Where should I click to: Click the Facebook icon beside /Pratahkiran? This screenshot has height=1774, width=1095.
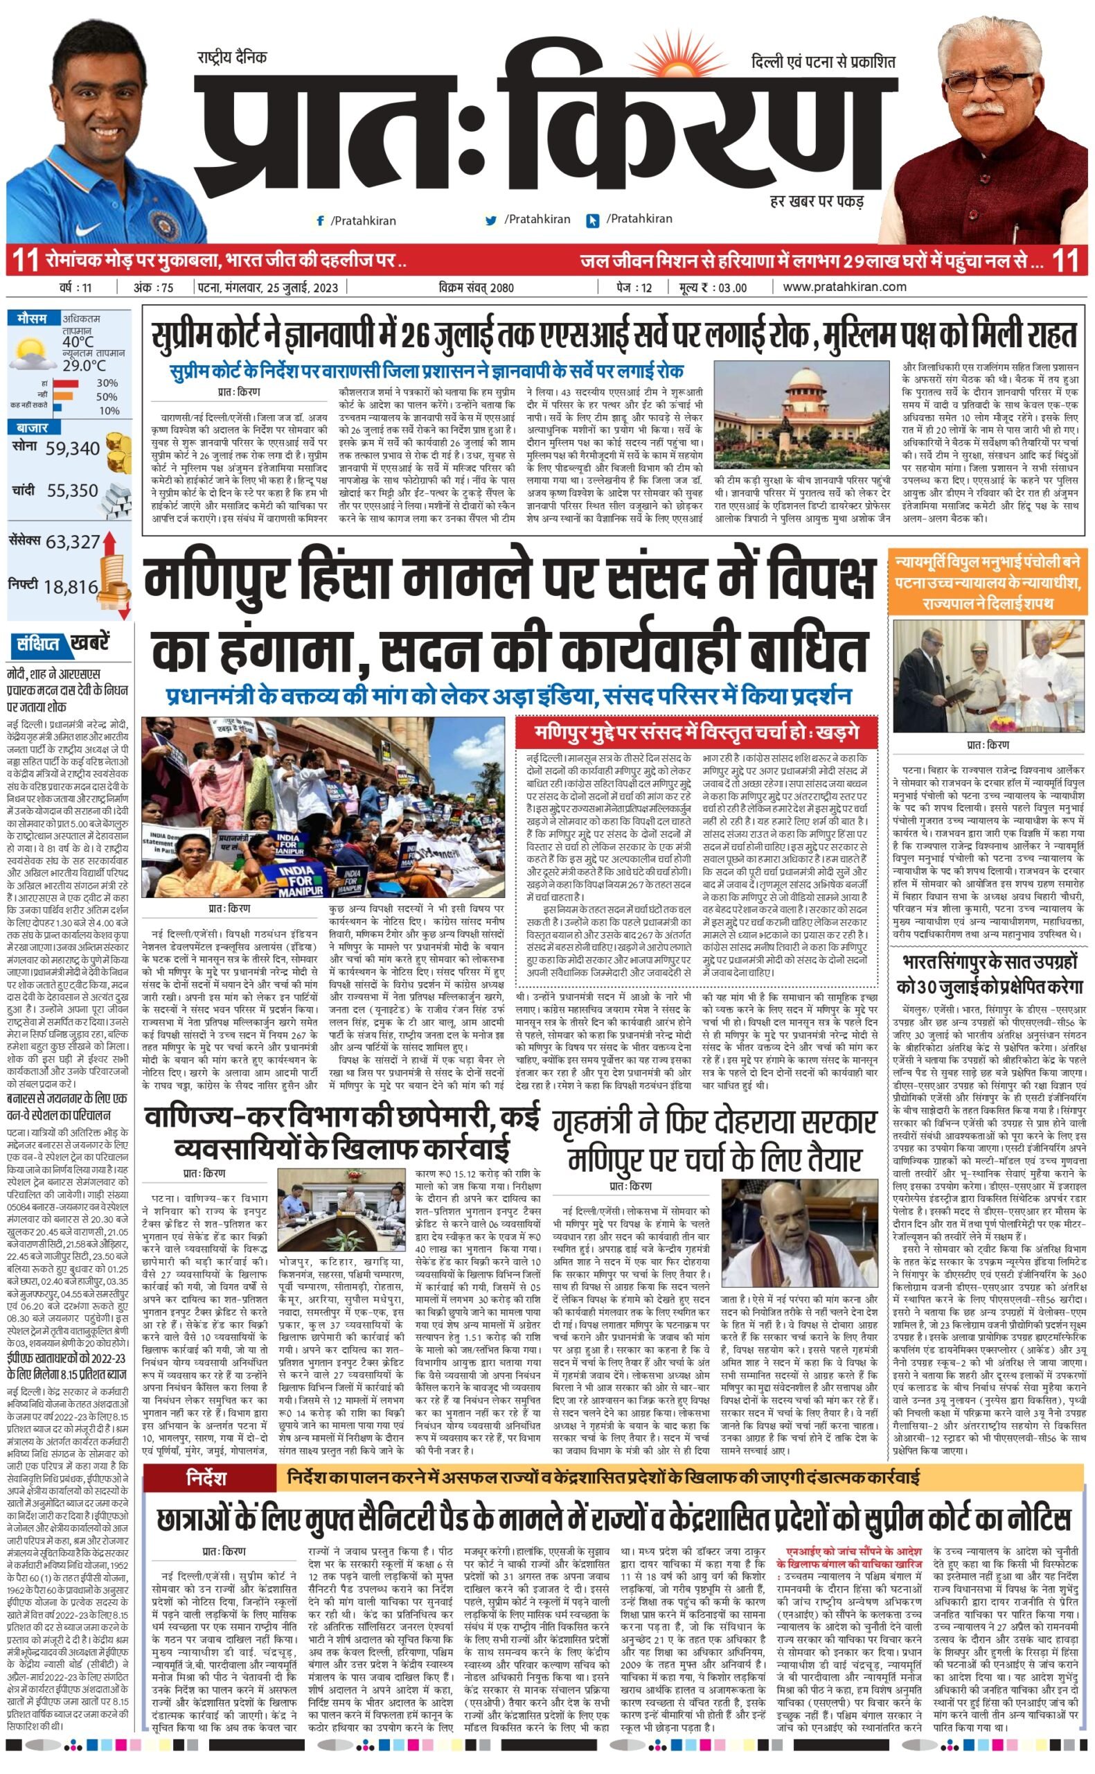320,220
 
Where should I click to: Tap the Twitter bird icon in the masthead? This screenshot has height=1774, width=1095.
491,220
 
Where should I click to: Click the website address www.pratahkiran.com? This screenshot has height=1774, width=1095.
844,287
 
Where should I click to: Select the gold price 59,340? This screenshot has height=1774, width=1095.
73,448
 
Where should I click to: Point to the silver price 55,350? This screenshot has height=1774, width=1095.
73,491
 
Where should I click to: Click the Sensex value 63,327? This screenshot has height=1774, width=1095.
73,542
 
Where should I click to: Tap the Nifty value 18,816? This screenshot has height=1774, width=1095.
70,587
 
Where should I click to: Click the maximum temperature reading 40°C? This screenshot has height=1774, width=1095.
78,341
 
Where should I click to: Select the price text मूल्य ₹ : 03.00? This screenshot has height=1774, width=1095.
713,288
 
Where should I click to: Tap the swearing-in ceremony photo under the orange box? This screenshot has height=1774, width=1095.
988,676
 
